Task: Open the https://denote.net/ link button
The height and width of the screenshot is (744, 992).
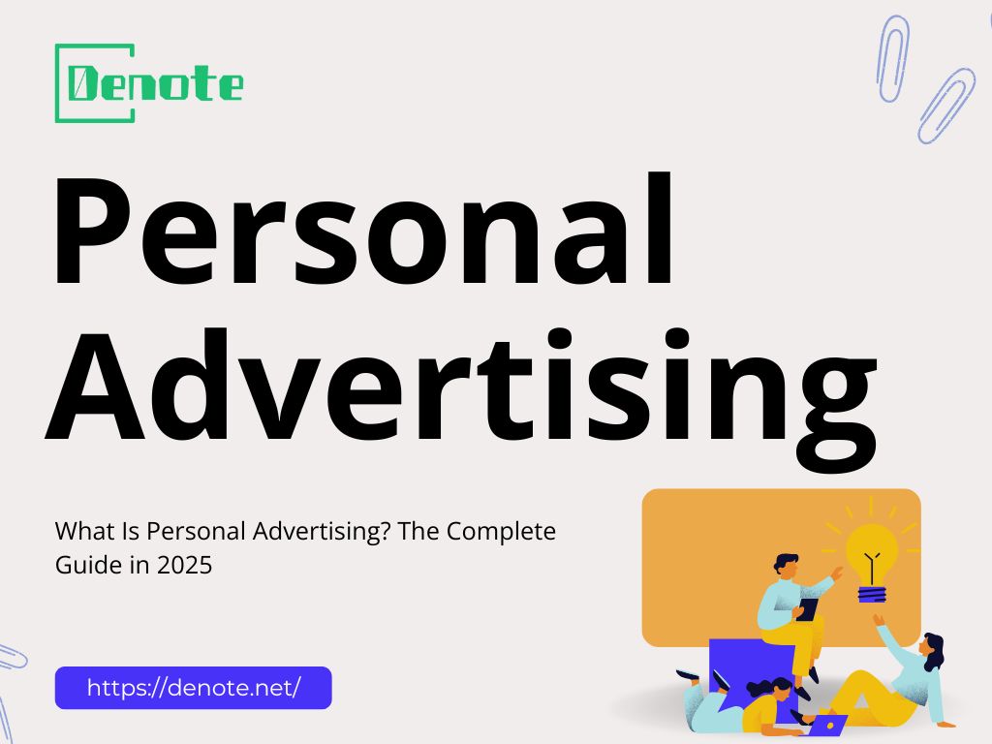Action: (x=194, y=688)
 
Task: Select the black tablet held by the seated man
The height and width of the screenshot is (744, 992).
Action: (x=807, y=609)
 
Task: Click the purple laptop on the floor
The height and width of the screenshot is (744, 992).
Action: (x=827, y=723)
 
